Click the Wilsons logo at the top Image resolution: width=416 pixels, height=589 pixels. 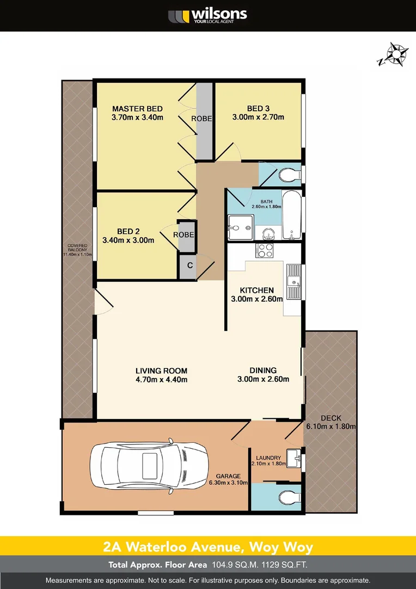click(x=207, y=15)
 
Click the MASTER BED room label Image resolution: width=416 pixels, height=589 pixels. click(x=137, y=108)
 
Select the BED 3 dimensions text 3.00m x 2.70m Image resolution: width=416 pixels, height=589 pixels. click(x=258, y=117)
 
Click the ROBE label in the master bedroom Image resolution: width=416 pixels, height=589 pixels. click(x=201, y=118)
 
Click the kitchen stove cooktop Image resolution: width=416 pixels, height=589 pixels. click(x=265, y=251)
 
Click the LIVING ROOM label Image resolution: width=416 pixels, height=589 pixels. click(x=161, y=371)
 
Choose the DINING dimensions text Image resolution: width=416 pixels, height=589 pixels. click(x=263, y=380)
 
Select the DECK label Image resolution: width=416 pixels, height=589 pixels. click(x=331, y=418)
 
